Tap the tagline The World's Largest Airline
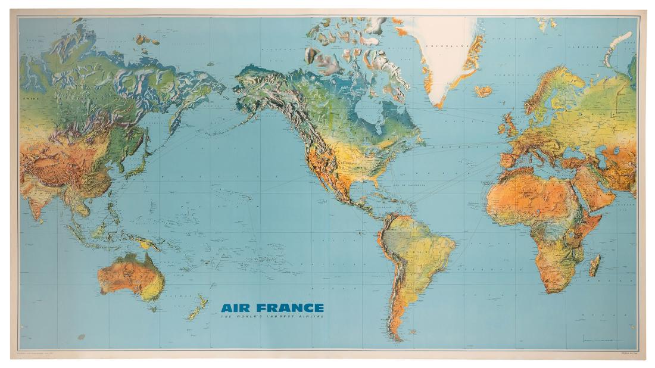click(x=273, y=317)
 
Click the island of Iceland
click(x=484, y=92)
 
